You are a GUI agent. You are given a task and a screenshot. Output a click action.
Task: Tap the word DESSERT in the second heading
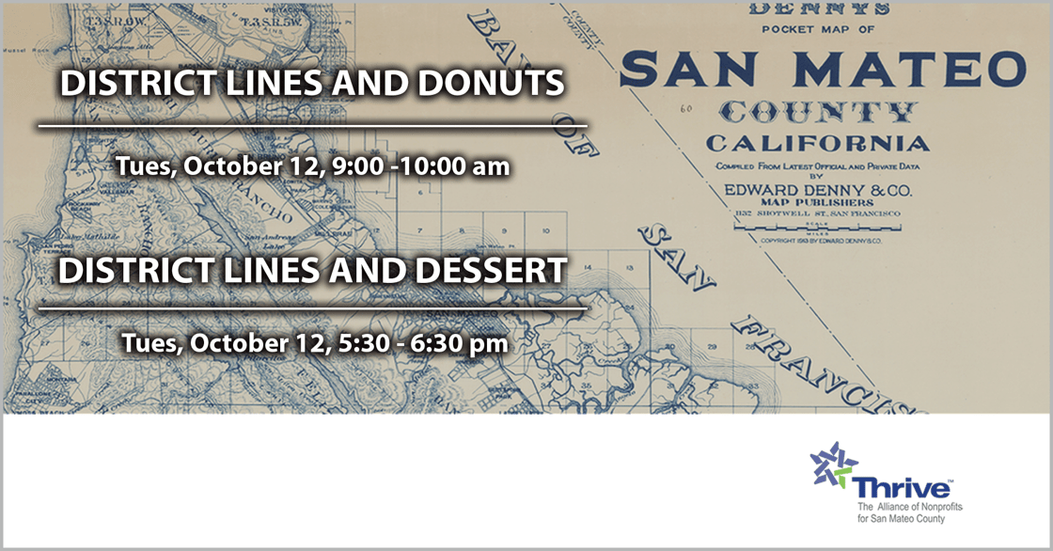tap(479, 271)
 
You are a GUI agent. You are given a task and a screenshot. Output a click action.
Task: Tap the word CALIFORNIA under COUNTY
tap(818, 144)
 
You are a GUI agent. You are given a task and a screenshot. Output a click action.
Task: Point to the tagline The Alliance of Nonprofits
tap(907, 508)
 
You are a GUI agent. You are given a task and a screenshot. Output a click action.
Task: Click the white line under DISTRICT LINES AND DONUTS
tap(312, 124)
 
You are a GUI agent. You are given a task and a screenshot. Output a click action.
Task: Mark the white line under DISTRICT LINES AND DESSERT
tap(312, 307)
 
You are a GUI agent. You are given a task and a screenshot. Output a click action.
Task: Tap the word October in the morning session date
tap(226, 167)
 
